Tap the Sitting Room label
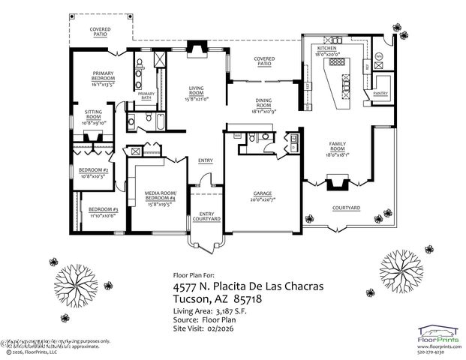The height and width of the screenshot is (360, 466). pos(94,113)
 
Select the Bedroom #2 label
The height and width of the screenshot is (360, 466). pos(94,170)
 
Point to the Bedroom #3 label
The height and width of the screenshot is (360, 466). pos(104,209)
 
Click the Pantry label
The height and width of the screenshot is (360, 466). pos(380,94)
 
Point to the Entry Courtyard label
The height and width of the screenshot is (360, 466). pos(206,217)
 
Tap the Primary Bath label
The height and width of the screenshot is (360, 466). pos(146,95)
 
